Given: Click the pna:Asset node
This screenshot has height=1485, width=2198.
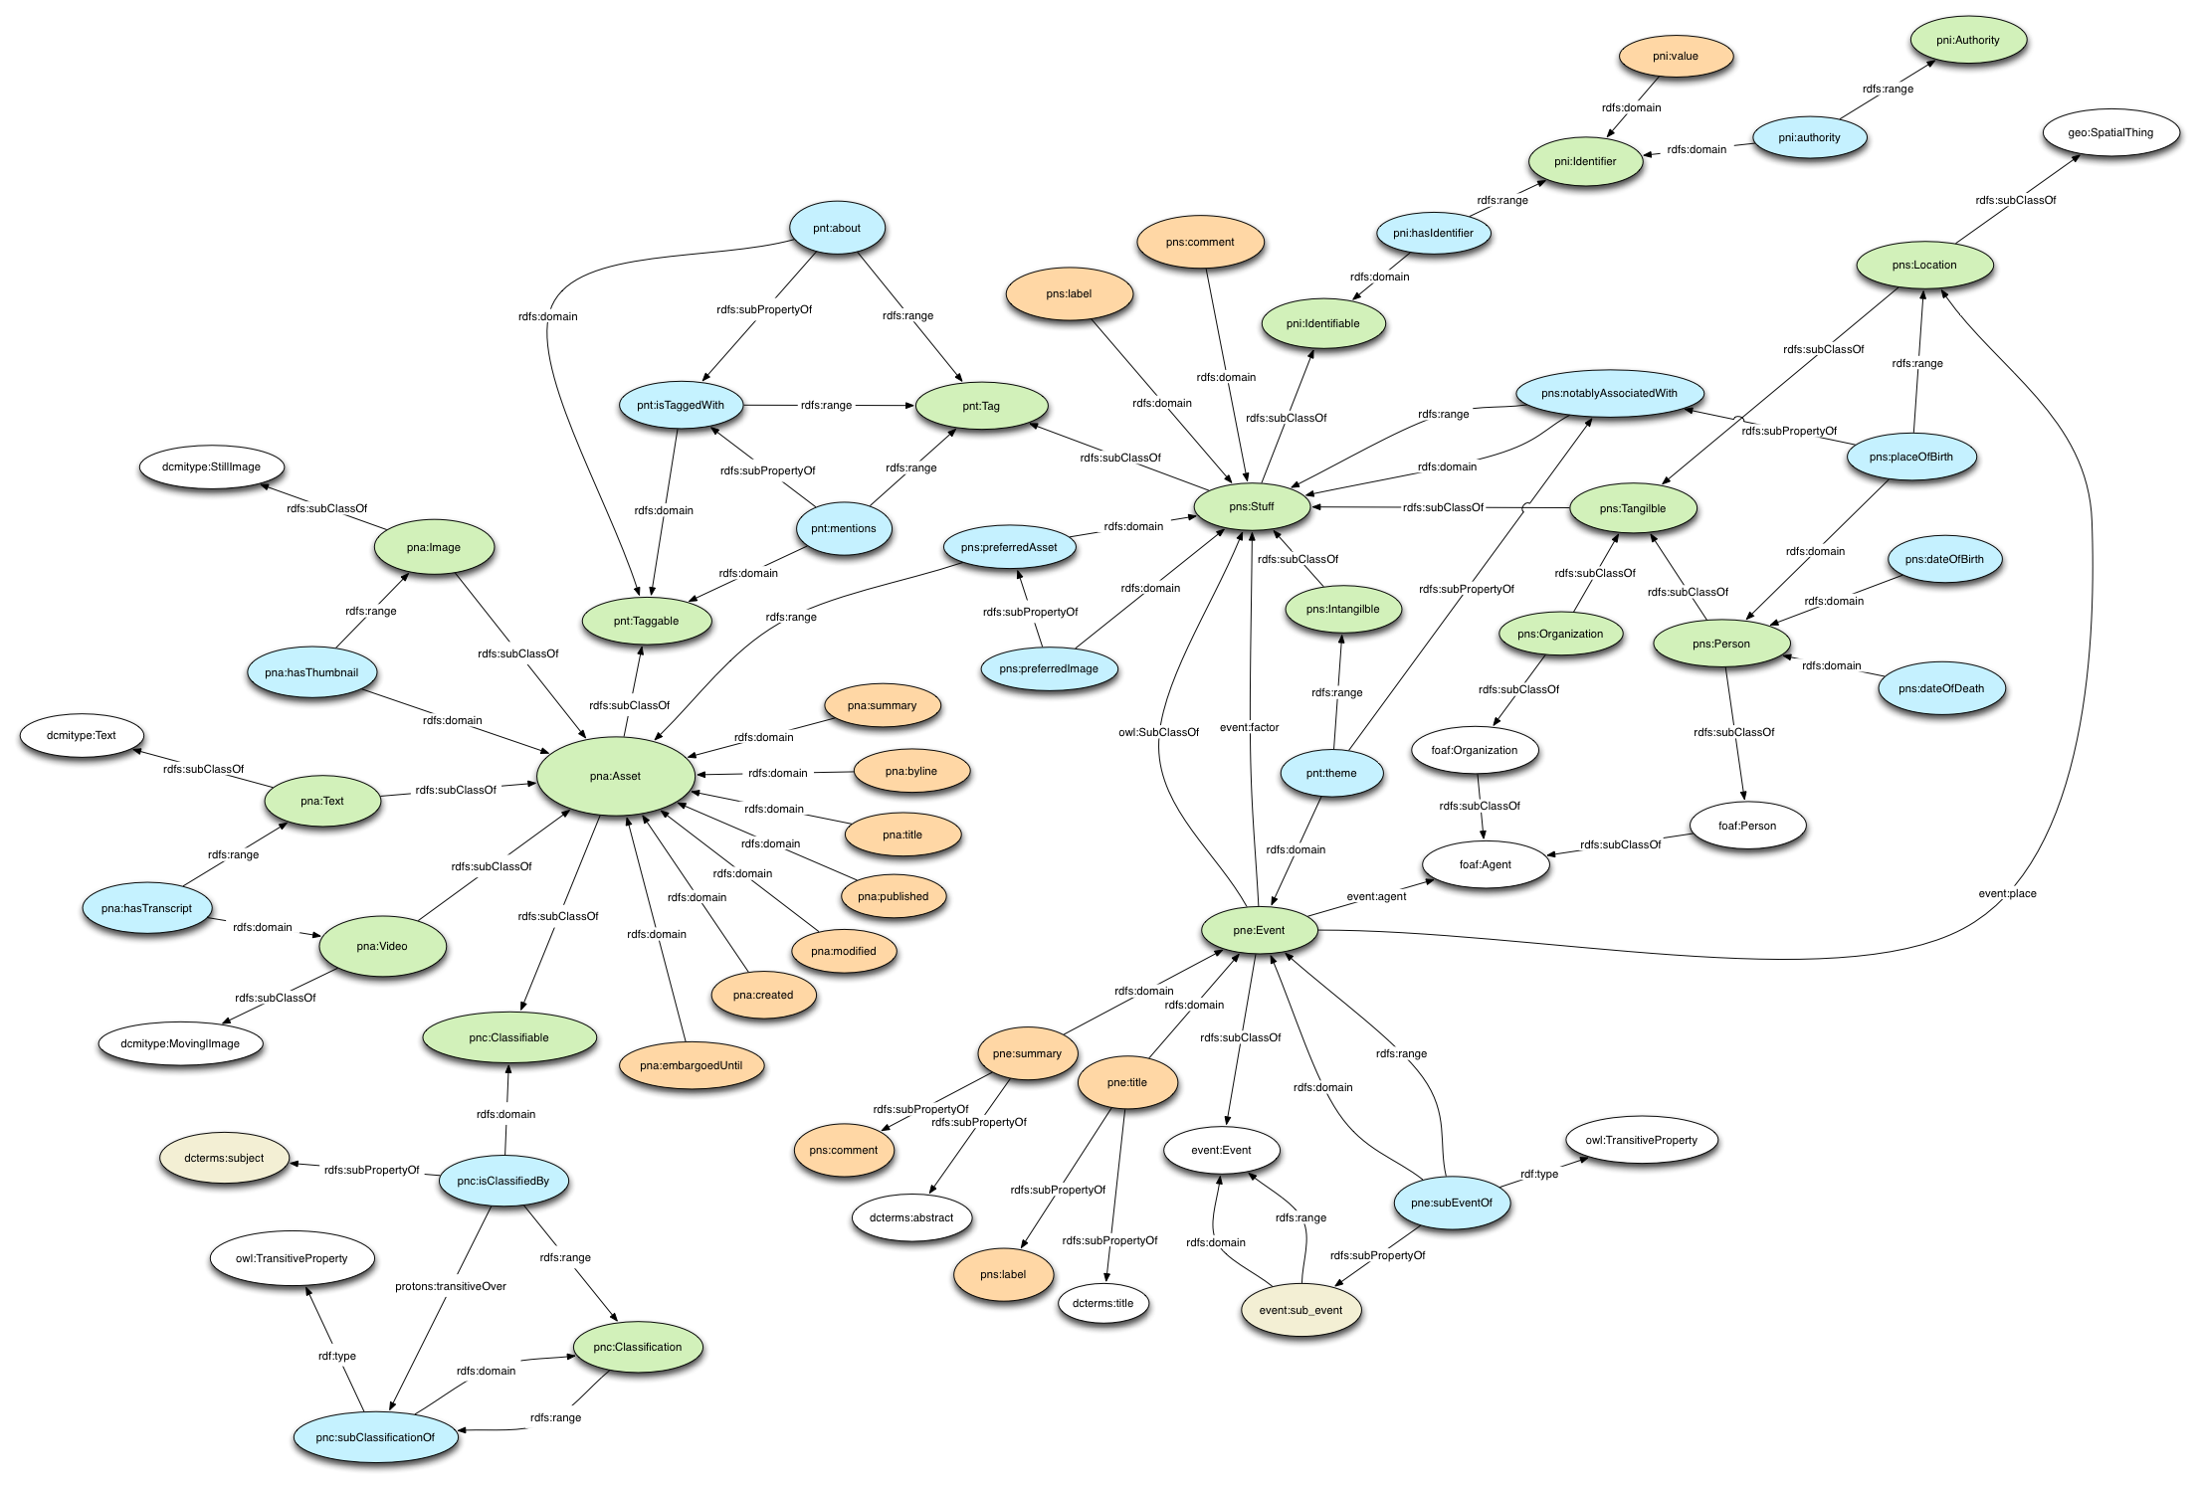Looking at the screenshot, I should (615, 776).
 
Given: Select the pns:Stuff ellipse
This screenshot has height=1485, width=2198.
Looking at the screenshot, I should (1251, 507).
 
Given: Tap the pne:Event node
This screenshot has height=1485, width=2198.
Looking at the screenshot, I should (1259, 931).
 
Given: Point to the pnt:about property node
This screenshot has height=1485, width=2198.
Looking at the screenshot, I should (837, 228).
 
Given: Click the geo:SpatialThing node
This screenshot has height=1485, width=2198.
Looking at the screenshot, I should (2109, 132).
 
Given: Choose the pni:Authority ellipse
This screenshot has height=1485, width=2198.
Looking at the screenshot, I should (1967, 41).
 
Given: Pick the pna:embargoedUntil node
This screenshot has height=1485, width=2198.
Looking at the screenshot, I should (691, 1065).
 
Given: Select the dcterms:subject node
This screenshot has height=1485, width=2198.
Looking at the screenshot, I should (224, 1158).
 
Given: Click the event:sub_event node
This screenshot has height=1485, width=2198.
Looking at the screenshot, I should (1300, 1310).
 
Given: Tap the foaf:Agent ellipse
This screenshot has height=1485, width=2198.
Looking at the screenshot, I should (1485, 864).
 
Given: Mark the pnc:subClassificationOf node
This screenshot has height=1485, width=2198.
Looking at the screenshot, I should (375, 1437).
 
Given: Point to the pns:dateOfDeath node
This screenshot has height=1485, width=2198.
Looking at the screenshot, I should (1940, 688).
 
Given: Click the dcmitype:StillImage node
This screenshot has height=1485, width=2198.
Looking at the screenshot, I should (211, 466).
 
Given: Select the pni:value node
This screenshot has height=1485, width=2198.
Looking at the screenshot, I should (1676, 57).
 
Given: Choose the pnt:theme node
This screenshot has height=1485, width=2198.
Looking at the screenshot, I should (1331, 773).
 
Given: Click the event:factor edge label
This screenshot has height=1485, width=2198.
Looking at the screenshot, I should (1250, 727).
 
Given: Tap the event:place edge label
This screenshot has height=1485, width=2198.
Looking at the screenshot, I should (2007, 893).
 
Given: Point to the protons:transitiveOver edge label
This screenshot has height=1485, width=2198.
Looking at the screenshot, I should (451, 1286).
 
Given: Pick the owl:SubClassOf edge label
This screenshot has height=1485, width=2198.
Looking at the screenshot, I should (1158, 732).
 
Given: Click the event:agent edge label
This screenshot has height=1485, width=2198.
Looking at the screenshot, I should (1376, 896).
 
